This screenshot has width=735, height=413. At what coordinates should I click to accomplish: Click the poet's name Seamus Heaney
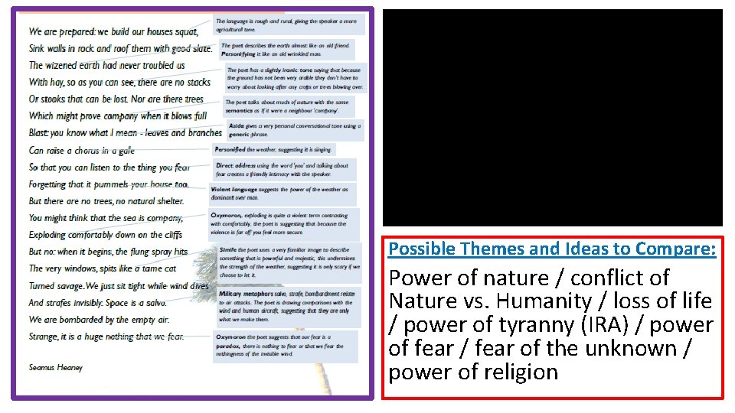56,368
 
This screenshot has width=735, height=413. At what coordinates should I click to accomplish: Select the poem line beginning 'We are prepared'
113,31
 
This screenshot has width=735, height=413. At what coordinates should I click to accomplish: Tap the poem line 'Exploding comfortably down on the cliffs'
106,235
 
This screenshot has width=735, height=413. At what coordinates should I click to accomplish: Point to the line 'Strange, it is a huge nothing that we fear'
106,337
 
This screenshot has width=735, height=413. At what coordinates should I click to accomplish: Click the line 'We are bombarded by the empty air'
99,320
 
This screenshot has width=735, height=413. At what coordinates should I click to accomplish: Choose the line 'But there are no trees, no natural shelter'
106,201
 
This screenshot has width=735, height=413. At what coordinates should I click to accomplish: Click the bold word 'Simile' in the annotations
227,249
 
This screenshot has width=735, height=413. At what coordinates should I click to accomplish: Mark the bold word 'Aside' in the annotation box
236,125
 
